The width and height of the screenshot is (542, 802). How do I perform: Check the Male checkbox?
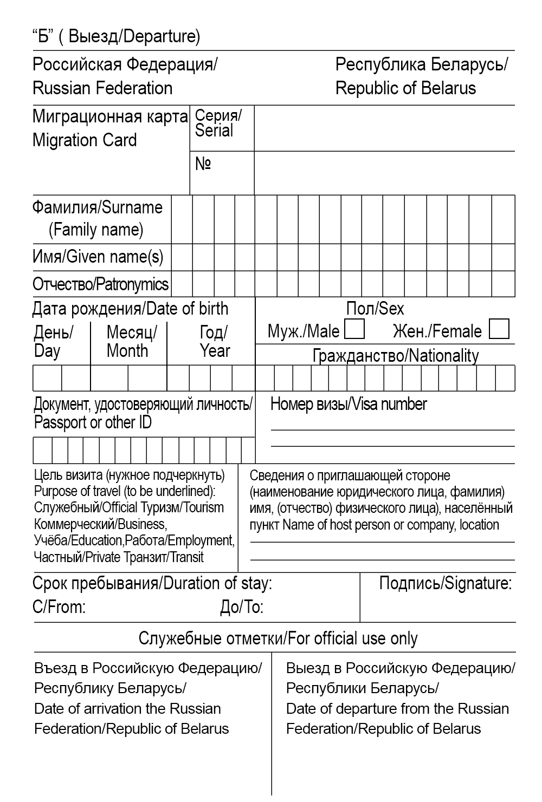pos(354,329)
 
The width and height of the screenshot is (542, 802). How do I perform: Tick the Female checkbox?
pos(499,329)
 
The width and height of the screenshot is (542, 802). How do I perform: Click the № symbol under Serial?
pos(203,164)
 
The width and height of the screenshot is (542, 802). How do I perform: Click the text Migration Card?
pos(85,140)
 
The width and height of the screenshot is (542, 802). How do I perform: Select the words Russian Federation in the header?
pos(102,88)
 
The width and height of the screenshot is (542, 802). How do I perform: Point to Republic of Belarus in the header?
pos(405,88)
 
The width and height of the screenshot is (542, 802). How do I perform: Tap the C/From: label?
pos(59,607)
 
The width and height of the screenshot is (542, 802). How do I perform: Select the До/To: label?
pos(242,608)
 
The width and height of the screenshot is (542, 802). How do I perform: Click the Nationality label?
pos(443,356)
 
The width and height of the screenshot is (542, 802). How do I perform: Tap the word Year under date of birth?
pos(215,351)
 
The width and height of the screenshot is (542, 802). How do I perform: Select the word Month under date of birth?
pos(127,351)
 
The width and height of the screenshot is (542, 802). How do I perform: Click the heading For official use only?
pos(352,638)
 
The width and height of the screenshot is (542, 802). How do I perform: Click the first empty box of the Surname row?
pos(182,219)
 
